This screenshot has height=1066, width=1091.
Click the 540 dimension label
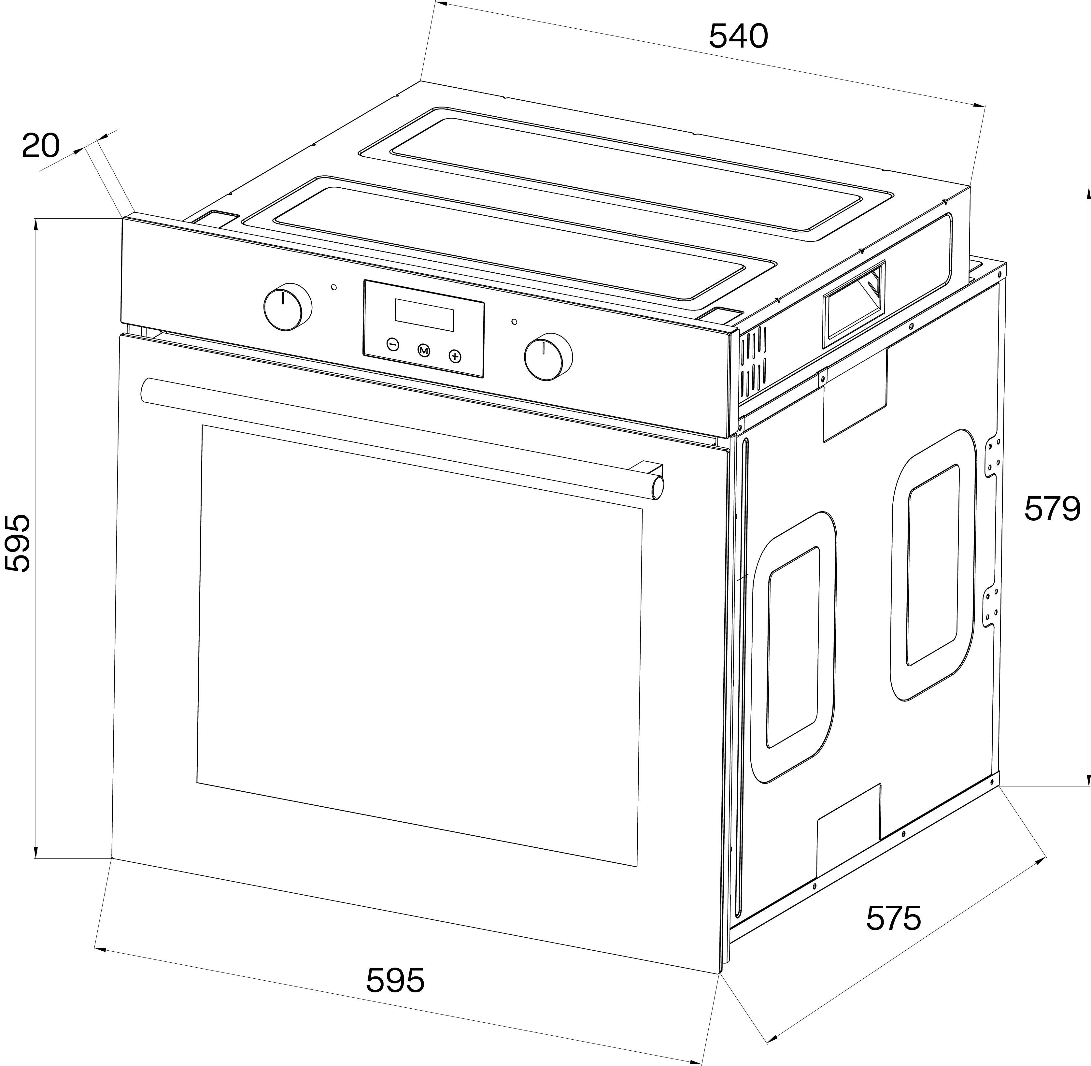[x=738, y=37]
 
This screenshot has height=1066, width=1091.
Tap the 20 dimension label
[x=40, y=146]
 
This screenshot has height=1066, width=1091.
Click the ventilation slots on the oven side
[x=754, y=361]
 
